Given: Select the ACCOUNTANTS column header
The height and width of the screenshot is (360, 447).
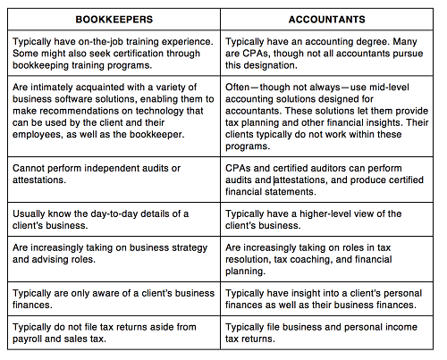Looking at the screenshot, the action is pyautogui.click(x=330, y=18).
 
